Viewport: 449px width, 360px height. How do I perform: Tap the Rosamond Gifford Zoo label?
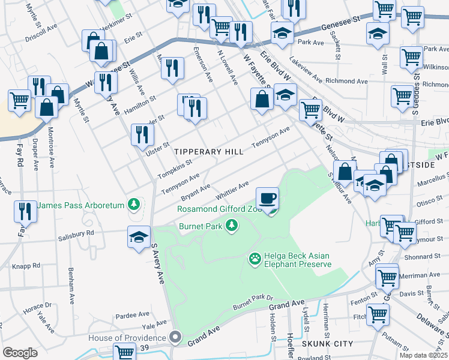pyautogui.click(x=220, y=209)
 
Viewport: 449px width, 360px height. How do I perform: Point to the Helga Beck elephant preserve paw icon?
pyautogui.click(x=255, y=259)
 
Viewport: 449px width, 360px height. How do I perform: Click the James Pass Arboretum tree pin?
pyautogui.click(x=133, y=205)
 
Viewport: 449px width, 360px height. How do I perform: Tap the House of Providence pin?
pyautogui.click(x=175, y=338)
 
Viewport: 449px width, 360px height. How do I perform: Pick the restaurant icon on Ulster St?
pyautogui.click(x=142, y=134)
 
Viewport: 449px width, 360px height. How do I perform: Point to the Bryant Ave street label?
pyautogui.click(x=196, y=191)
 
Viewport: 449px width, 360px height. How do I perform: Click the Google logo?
pyautogui.click(x=20, y=353)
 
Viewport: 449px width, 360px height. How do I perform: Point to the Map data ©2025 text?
pyautogui.click(x=423, y=355)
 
